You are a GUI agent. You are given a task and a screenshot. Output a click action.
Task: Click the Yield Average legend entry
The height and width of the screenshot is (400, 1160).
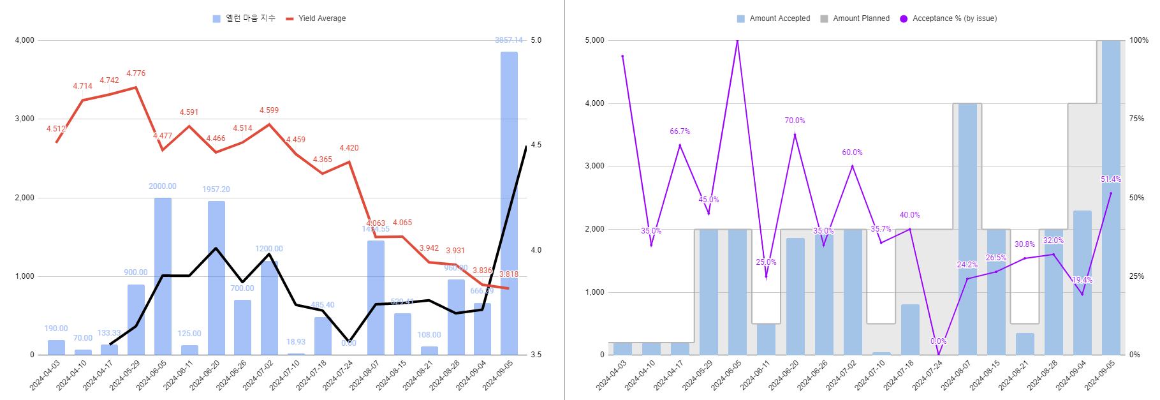tap(321, 19)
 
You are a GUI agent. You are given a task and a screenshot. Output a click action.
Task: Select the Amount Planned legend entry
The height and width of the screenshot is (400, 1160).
tap(860, 19)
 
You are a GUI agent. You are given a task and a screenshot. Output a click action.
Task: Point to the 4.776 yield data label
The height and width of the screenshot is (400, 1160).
tap(136, 73)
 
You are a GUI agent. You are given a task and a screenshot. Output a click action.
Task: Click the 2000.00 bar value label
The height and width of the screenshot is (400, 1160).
tap(163, 186)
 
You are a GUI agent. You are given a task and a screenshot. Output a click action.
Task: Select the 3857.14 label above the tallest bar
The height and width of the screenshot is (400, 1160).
tap(509, 40)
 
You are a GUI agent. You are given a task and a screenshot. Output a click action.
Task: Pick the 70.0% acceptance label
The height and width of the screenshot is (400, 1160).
tap(795, 121)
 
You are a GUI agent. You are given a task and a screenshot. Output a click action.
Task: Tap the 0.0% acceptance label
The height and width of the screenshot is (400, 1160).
tap(938, 341)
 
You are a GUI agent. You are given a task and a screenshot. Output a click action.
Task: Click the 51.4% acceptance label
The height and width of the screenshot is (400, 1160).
tap(1110, 179)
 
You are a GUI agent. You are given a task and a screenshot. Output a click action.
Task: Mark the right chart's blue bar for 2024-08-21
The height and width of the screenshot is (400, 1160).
tap(1025, 344)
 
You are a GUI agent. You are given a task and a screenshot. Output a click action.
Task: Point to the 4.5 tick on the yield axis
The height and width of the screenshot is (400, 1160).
tap(536, 145)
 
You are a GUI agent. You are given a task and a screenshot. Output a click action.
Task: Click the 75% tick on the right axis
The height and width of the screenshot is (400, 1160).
tap(1136, 119)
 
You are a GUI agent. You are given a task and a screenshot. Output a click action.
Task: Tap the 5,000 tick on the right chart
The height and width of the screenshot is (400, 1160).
tap(594, 40)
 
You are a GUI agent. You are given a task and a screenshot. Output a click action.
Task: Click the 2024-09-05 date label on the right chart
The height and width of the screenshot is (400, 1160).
tap(1101, 375)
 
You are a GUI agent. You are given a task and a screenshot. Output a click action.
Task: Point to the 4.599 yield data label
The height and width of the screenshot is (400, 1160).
tap(269, 110)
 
